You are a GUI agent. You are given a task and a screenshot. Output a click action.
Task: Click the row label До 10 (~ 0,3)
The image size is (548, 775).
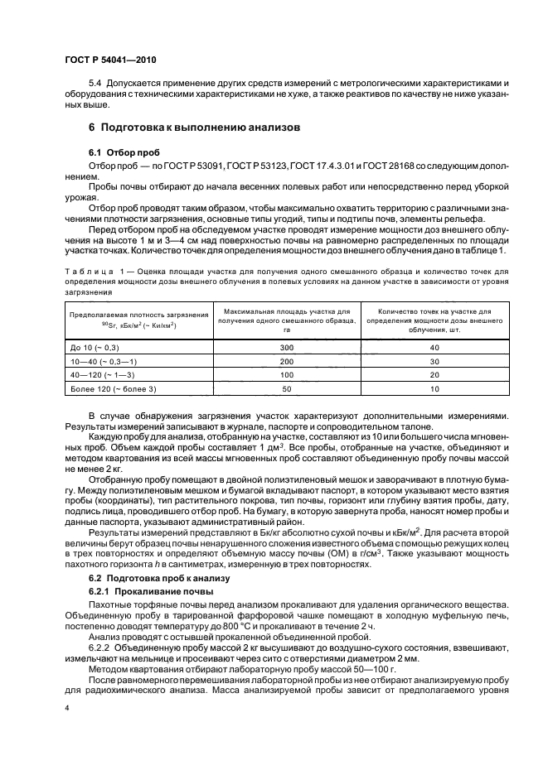pyautogui.click(x=96, y=348)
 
